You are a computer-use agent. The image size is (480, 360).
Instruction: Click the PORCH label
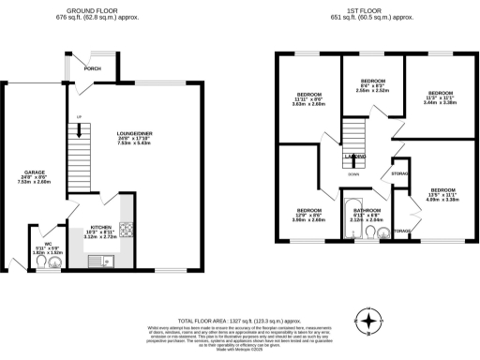point(93,68)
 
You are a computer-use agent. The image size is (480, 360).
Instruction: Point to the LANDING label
point(354,157)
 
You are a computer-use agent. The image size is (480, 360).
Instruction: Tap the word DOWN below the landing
point(353,174)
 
